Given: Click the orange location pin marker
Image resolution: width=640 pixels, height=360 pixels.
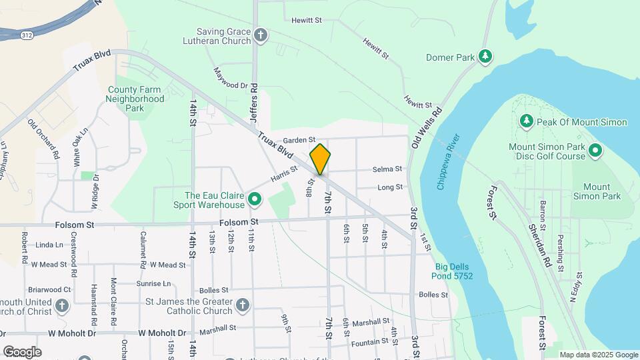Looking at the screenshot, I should point(320,159).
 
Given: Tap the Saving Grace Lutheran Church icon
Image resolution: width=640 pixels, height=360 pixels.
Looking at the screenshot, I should point(261,35).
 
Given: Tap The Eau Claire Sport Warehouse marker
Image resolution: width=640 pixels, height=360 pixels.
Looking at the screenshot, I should point(254,199).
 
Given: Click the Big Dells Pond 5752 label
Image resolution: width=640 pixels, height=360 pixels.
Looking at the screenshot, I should point(451,271).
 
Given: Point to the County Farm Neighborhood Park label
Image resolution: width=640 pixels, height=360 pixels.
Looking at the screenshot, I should point(135,99).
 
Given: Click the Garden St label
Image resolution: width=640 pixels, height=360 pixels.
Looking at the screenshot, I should point(298,140).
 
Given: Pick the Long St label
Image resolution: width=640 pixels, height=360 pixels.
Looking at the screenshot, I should point(390,187).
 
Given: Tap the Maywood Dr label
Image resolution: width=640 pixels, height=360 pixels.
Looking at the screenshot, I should point(230,78).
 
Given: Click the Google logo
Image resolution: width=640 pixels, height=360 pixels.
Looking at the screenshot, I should point(22,351).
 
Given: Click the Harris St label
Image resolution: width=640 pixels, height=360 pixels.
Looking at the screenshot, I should point(283,175).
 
